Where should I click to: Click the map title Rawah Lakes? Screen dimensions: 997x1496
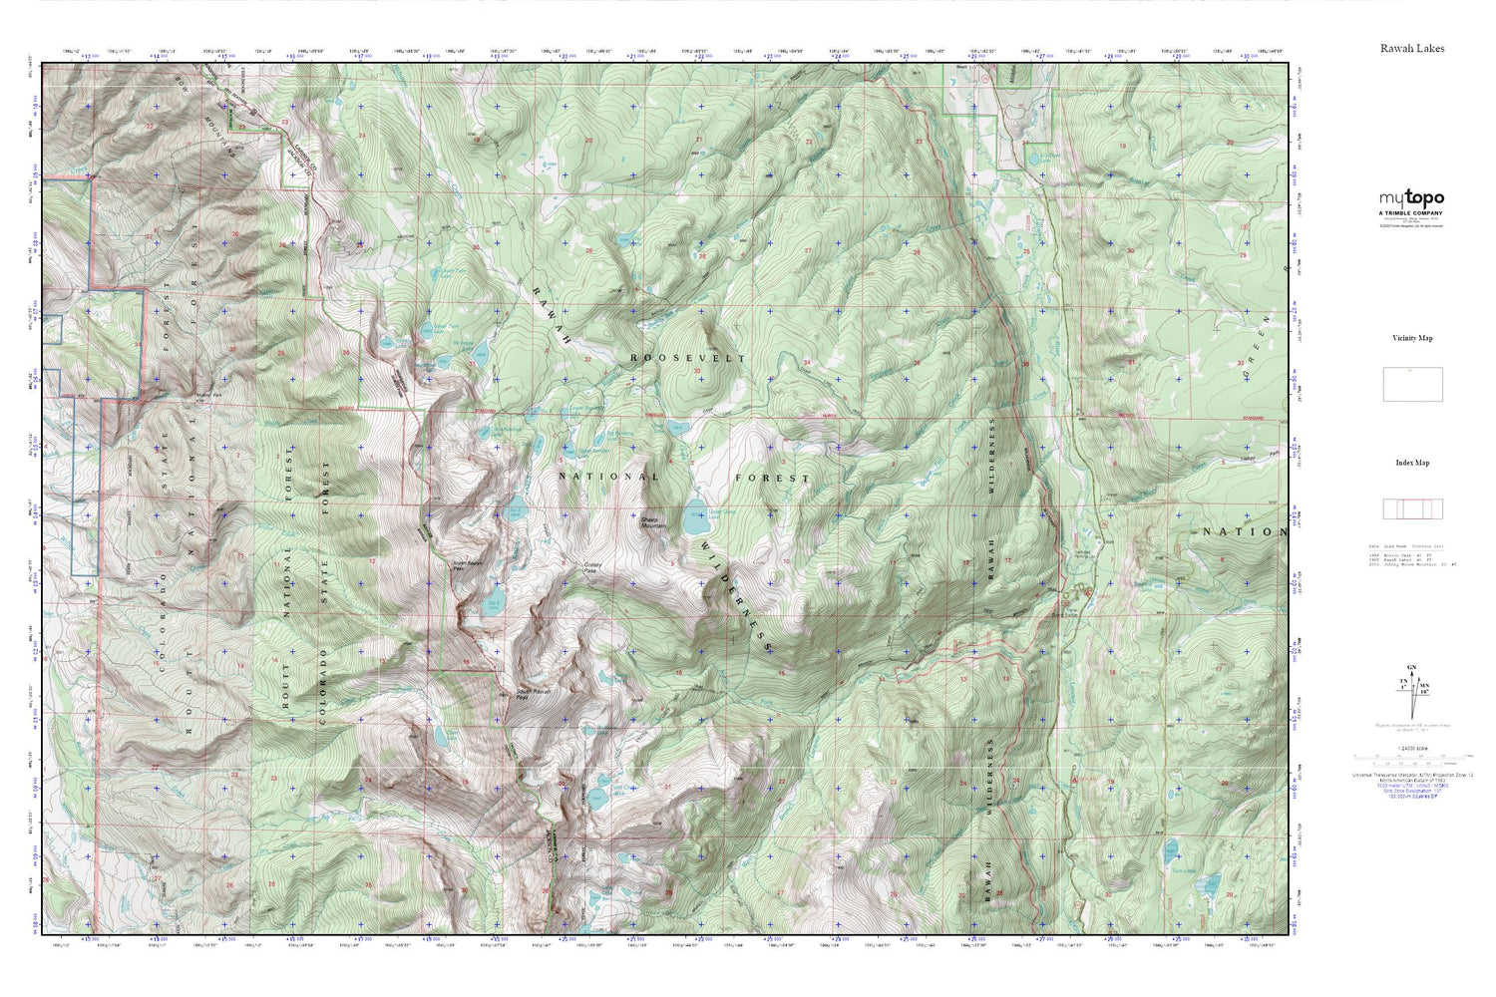pos(1411,48)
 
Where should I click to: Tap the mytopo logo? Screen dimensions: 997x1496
pos(1411,198)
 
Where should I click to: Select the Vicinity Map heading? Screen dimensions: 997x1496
pos(1411,338)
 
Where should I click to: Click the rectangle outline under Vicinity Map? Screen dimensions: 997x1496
pos(1412,385)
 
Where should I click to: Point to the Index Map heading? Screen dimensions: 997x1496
pos(1411,463)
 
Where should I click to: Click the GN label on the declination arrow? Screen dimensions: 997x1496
pos(1411,667)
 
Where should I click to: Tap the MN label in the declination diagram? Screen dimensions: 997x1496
pos(1424,686)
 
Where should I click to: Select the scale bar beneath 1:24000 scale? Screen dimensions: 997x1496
pos(1411,758)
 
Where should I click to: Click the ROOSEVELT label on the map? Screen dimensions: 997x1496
pos(687,357)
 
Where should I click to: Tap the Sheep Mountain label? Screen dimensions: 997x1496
pos(655,521)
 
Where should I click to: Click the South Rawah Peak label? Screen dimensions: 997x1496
pos(529,694)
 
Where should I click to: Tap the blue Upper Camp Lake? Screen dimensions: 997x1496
pos(695,519)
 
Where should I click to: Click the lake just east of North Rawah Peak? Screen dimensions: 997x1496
pos(493,604)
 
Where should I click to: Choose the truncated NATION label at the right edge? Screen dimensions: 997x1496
pos(1244,532)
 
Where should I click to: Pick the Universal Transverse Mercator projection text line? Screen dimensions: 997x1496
pos(1411,775)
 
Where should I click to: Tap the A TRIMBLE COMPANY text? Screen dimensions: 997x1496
pos(1411,213)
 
